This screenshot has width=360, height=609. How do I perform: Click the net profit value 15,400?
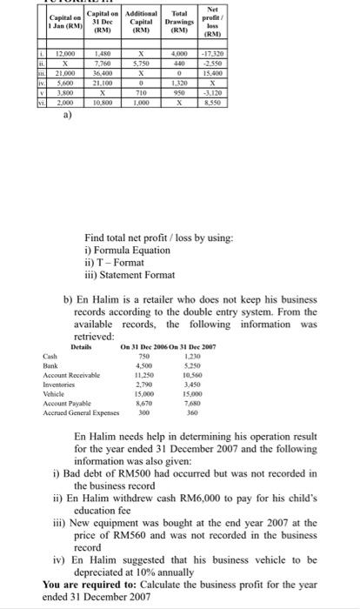(324, 76)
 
